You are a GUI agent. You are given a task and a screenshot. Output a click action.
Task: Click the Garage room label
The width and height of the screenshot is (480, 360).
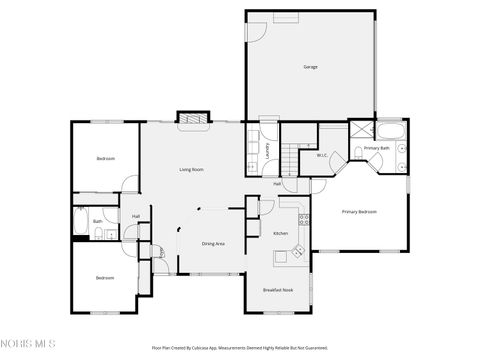[310, 67]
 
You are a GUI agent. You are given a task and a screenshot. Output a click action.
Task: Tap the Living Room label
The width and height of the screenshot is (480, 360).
[191, 170]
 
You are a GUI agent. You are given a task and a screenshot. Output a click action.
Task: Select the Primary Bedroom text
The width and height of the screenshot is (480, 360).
[360, 212]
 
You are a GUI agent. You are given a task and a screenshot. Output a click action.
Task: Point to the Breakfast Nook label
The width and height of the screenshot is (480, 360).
[278, 289]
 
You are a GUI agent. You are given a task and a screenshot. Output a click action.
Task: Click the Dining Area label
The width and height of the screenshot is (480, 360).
[213, 244]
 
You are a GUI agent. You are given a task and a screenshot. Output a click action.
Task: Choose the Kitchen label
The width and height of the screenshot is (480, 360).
[281, 234]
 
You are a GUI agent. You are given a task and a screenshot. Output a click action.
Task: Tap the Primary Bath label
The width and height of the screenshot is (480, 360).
[376, 148]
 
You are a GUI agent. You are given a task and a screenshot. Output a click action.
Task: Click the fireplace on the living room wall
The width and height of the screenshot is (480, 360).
[192, 117]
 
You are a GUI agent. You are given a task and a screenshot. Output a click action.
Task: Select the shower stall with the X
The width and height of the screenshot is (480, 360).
[357, 130]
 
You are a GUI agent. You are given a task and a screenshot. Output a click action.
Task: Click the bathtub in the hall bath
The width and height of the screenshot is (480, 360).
[80, 222]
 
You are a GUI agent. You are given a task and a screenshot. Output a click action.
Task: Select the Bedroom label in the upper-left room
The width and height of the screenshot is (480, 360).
[105, 159]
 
